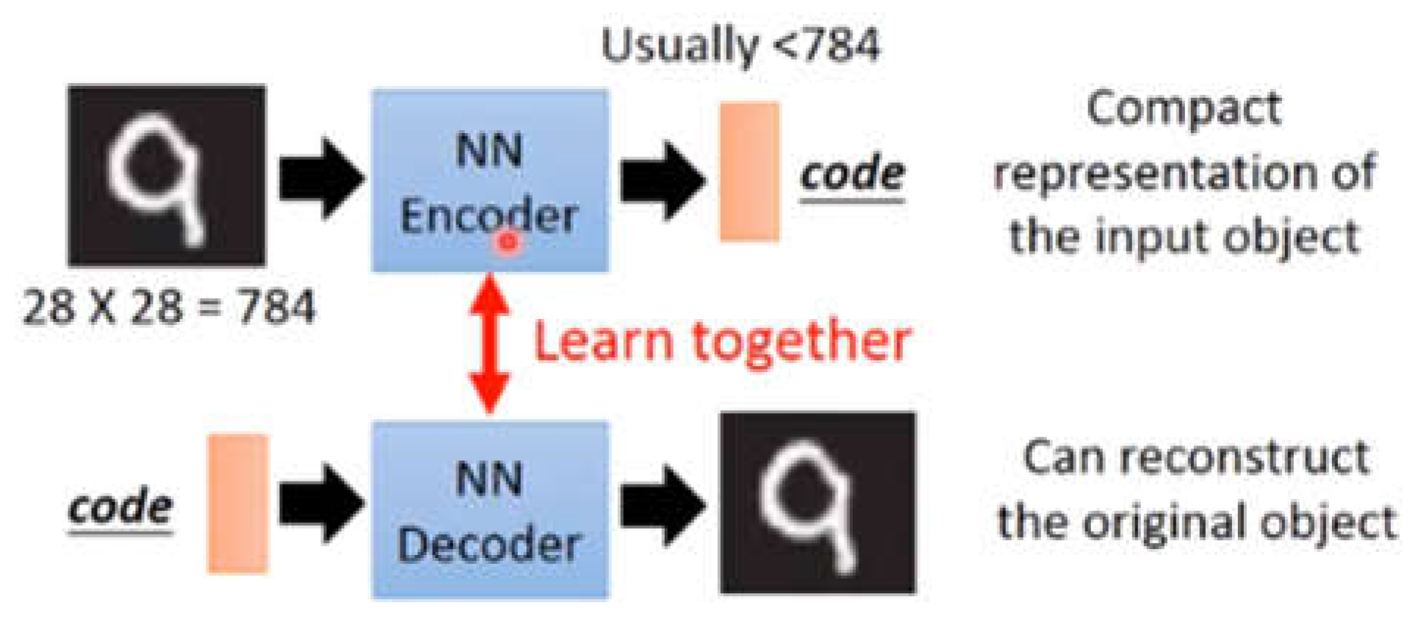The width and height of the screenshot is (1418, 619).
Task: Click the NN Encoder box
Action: click(x=489, y=180)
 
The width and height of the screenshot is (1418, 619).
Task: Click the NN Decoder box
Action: click(x=489, y=509)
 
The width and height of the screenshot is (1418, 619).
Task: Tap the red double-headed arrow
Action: click(x=489, y=344)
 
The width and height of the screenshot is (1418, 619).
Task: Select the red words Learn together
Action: click(x=721, y=342)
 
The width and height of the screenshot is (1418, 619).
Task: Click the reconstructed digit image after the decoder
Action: click(x=818, y=503)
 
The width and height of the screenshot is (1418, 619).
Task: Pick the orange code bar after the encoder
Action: click(x=749, y=171)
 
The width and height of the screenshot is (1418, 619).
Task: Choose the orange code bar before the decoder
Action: click(x=237, y=504)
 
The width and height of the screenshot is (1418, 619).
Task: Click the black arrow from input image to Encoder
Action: click(x=321, y=179)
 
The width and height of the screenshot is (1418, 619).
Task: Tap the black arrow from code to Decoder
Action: click(x=321, y=504)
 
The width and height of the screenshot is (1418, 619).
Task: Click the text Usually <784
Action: click(x=740, y=46)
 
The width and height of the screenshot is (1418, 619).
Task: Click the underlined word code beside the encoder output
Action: click(x=852, y=174)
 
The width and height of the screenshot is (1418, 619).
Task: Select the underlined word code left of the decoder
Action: click(x=120, y=507)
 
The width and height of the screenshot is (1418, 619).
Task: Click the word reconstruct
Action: click(x=1249, y=457)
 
